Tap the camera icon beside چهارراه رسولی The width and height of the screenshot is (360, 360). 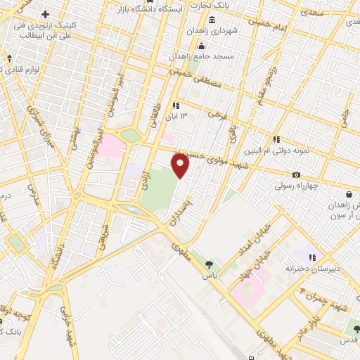[296, 175]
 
